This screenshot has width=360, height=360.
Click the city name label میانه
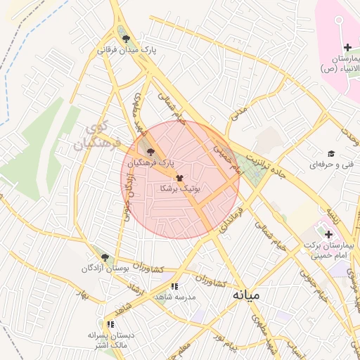pyautogui.click(x=246, y=295)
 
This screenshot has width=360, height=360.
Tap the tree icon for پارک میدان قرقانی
pyautogui.click(x=126, y=39)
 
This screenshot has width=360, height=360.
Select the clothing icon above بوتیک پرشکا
pyautogui.click(x=179, y=179)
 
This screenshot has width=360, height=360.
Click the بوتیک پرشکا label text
pyautogui.click(x=181, y=190)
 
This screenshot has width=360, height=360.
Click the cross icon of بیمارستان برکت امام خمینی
pyautogui.click(x=328, y=233)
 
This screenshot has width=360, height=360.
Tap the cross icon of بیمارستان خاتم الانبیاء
pyautogui.click(x=347, y=47)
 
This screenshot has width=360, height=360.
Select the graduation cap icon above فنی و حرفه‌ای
pyautogui.click(x=330, y=153)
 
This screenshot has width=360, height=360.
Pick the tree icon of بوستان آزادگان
pyautogui.click(x=105, y=257)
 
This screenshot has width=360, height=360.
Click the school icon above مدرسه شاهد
pyautogui.click(x=174, y=286)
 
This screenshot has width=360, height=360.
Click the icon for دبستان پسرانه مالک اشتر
pyautogui.click(x=110, y=324)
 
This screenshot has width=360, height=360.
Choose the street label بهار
pyautogui.click(x=87, y=295)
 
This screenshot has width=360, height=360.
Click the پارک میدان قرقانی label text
pyautogui.click(x=127, y=51)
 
